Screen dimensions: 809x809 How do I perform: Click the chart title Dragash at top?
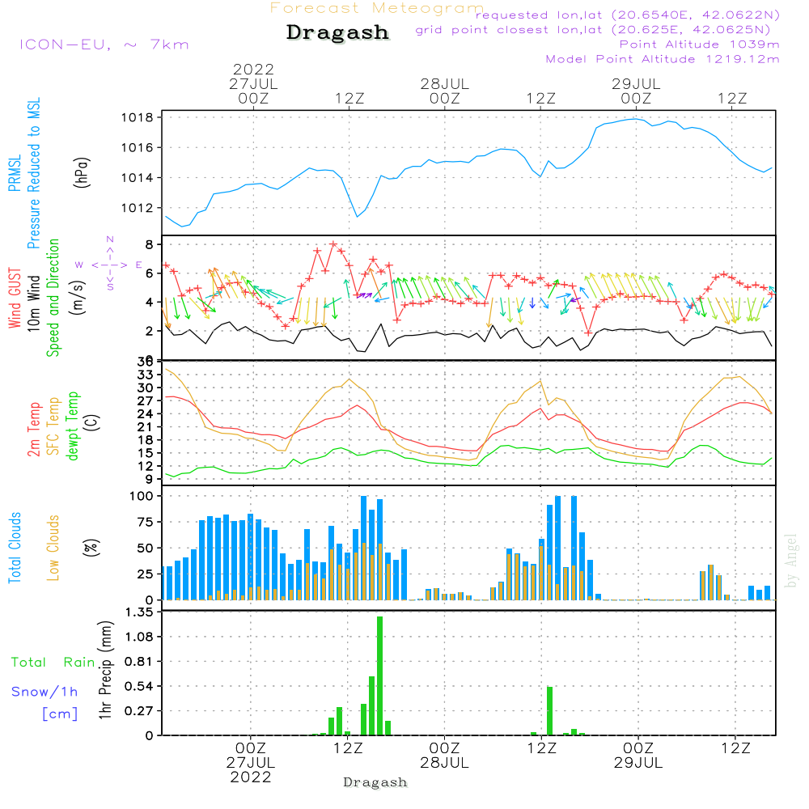[337, 33]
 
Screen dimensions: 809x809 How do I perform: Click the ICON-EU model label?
[104, 44]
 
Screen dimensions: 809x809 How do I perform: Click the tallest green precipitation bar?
[379, 676]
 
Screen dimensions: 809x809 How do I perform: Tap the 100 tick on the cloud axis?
[142, 496]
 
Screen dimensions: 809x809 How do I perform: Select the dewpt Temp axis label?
[73, 426]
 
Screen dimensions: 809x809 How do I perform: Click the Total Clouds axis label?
[15, 548]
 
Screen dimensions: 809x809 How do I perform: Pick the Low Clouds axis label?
[53, 548]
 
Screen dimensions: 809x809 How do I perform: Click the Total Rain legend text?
[53, 663]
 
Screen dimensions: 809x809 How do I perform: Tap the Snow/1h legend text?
[45, 692]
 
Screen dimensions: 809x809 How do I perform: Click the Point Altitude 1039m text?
[699, 44]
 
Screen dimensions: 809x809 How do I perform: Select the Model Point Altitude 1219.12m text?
[663, 59]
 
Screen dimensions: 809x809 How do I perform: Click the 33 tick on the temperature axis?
[146, 375]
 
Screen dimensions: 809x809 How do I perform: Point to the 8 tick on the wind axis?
[149, 244]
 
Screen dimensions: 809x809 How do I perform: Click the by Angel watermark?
[792, 561]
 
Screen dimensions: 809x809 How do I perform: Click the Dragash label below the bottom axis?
[375, 782]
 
